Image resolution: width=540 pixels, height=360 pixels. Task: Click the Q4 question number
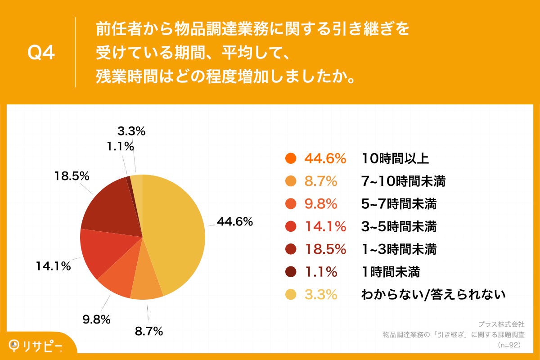[x=41, y=53]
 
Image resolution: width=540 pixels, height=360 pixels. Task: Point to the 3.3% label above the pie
[x=131, y=131]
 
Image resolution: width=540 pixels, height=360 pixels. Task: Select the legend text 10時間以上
[x=395, y=158]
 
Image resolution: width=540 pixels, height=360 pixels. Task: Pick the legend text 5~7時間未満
[x=399, y=204]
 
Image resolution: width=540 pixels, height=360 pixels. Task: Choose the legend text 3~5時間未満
[x=399, y=226]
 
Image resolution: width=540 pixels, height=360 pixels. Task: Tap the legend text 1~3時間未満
[x=399, y=249]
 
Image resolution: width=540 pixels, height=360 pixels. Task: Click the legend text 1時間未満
[x=391, y=271]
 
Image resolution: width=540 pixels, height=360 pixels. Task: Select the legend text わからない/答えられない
[x=433, y=294]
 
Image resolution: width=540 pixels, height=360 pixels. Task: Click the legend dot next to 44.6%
[x=291, y=158]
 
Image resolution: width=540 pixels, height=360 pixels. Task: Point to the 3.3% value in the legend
[x=321, y=294]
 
